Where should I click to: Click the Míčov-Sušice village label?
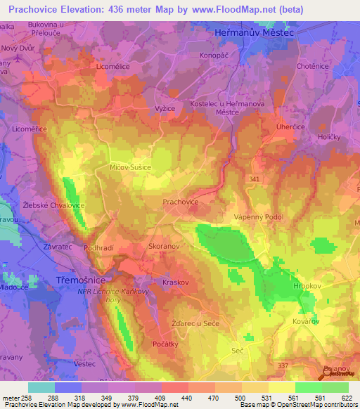130,169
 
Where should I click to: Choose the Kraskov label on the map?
176,281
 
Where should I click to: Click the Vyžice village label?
164,108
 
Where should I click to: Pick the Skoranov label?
165,247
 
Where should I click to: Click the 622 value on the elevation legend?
347,398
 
